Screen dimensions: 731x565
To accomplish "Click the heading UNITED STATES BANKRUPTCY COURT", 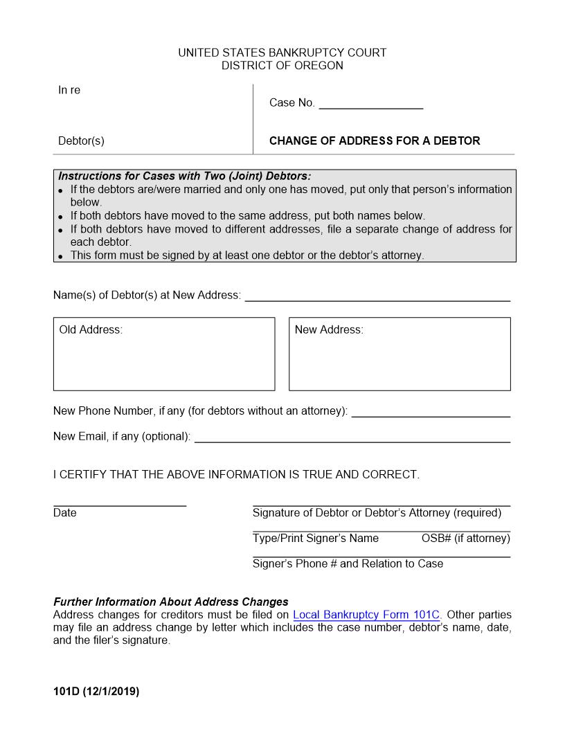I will pos(282,53).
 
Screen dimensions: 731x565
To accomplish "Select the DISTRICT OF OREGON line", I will pos(282,66).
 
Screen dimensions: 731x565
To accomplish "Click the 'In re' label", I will pos(69,90).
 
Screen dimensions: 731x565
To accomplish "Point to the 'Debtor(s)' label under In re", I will pos(81,141).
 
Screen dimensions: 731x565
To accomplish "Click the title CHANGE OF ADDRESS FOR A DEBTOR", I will pos(375,141).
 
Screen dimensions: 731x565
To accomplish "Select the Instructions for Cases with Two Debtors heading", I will pos(184,176).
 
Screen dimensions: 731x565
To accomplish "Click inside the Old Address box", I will pos(164,360).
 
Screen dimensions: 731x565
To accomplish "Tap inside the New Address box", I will pos(400,360).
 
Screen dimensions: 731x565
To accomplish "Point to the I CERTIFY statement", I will pos(236,475).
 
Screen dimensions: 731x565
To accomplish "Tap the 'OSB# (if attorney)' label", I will pos(465,538).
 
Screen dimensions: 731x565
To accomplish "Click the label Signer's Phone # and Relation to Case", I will pos(348,563).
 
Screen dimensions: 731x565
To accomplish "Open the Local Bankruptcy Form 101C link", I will pos(366,615).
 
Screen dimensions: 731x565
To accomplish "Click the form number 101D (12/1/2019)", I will pos(96,691).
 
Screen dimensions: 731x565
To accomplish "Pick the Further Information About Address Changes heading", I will pos(171,602).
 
